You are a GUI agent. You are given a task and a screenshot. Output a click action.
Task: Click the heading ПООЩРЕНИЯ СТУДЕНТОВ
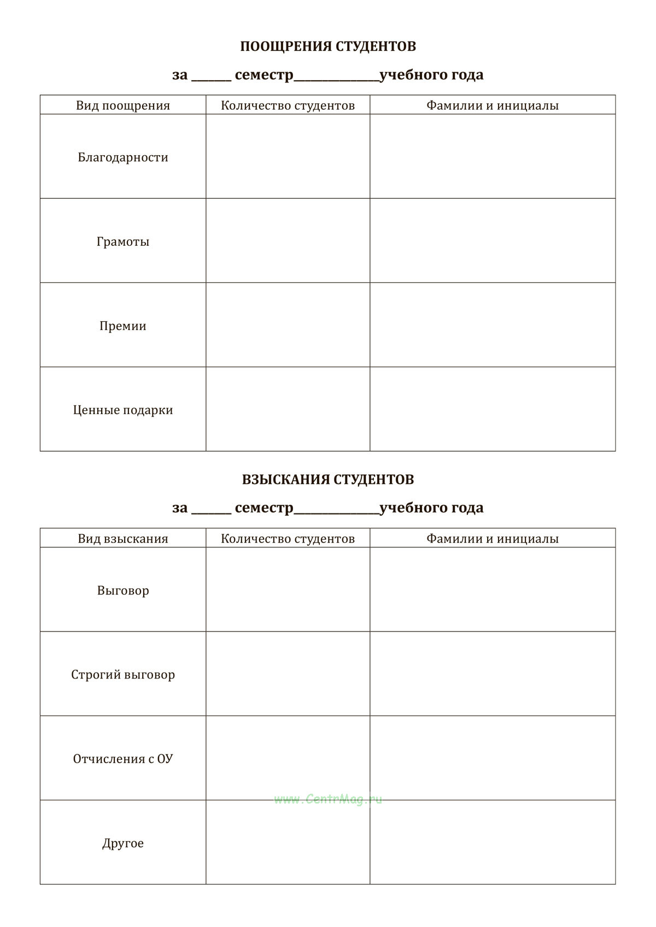coord(328,46)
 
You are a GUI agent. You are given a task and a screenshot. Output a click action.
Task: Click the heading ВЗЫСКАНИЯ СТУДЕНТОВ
coord(328,480)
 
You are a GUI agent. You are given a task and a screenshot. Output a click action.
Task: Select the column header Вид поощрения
coord(123,105)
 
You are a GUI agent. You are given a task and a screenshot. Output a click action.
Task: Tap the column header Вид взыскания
coord(123,539)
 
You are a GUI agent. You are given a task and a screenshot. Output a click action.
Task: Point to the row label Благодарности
coord(123,157)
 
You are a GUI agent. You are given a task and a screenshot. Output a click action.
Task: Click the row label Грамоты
coord(123,241)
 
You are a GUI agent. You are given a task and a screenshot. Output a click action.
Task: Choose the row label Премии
coord(123,326)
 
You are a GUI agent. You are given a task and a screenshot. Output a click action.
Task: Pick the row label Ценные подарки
coord(123,410)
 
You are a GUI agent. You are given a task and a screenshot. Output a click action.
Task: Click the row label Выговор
coord(123,591)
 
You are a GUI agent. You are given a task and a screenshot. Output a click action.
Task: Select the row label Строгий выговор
coord(123,675)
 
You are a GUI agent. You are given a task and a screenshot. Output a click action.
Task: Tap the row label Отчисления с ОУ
coord(123,759)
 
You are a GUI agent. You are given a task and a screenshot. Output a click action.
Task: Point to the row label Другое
coord(123,843)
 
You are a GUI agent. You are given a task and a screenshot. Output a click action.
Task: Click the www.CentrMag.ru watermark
coord(328,800)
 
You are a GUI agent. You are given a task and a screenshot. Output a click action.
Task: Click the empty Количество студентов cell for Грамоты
coord(288,240)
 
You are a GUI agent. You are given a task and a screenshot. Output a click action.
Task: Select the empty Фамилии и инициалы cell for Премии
coord(493,324)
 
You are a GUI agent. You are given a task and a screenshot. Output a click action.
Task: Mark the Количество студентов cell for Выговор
coord(288,589)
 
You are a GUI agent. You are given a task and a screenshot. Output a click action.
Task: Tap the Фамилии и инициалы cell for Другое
coord(493,842)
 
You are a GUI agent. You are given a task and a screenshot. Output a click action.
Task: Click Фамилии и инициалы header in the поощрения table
coord(493,105)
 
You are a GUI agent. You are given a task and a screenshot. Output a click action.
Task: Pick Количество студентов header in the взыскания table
coord(288,539)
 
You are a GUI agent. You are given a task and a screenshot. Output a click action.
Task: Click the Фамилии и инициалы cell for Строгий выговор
coord(493,674)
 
